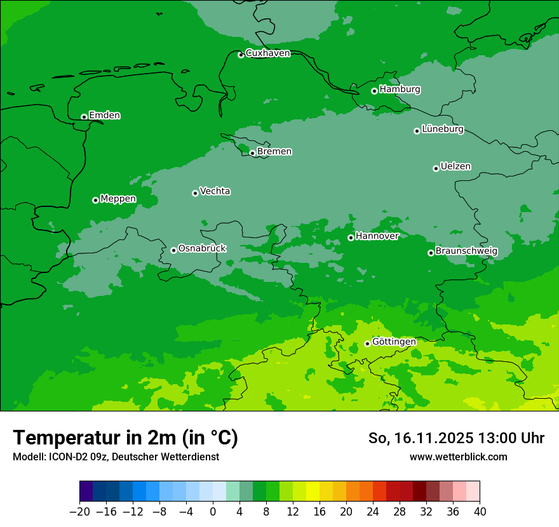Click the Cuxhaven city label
[x=267, y=53]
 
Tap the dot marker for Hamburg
[x=374, y=91]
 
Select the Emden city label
[x=104, y=116]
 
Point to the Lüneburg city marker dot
[x=417, y=131]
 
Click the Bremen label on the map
[x=274, y=152]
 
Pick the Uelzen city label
[x=455, y=167]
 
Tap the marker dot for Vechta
[x=195, y=193]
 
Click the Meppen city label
[x=118, y=199]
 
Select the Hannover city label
[x=377, y=236]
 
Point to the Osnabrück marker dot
[x=173, y=250]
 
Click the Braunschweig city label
[x=466, y=251]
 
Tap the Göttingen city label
[x=394, y=342]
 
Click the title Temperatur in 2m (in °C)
[x=125, y=438]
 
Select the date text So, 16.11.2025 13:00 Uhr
[x=456, y=438]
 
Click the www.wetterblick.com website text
[x=458, y=457]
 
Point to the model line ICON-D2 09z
[x=116, y=457]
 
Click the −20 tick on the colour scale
[x=79, y=512]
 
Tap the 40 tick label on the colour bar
[x=480, y=512]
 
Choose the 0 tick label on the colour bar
[x=213, y=512]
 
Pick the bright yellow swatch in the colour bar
[x=313, y=491]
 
